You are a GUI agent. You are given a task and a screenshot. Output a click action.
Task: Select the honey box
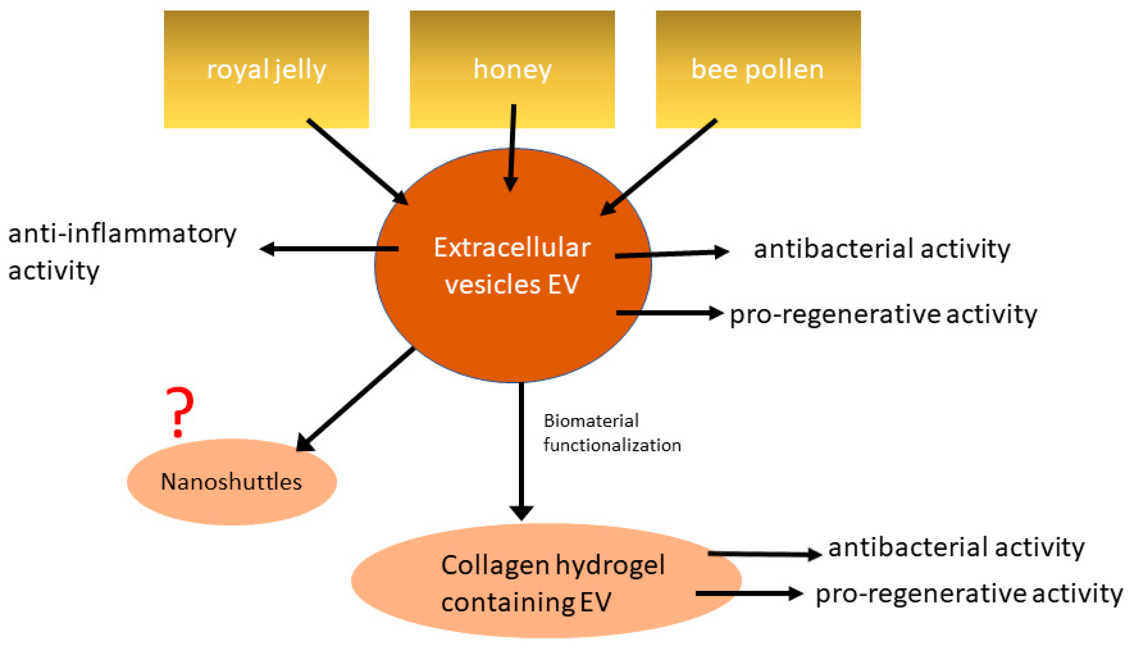click(x=512, y=69)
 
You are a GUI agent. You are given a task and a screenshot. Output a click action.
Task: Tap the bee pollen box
click(x=758, y=69)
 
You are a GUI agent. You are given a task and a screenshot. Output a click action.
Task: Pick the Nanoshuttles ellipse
click(x=231, y=482)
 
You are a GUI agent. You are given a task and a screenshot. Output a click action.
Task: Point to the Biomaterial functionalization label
click(x=611, y=433)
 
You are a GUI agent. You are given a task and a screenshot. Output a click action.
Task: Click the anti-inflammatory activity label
click(x=122, y=252)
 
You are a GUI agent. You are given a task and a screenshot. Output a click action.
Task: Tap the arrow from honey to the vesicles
click(x=512, y=147)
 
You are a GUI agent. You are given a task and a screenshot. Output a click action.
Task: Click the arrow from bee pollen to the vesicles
click(x=659, y=167)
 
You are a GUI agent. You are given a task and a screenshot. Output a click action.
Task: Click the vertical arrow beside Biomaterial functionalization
click(x=521, y=451)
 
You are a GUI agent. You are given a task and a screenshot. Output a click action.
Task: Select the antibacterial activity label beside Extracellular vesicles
click(x=882, y=249)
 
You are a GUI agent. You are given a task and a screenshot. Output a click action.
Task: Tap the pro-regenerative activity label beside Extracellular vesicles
click(x=883, y=315)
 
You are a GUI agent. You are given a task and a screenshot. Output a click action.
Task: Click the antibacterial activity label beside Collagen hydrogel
click(x=956, y=548)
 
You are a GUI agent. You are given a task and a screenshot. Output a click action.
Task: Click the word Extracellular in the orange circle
click(x=512, y=248)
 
